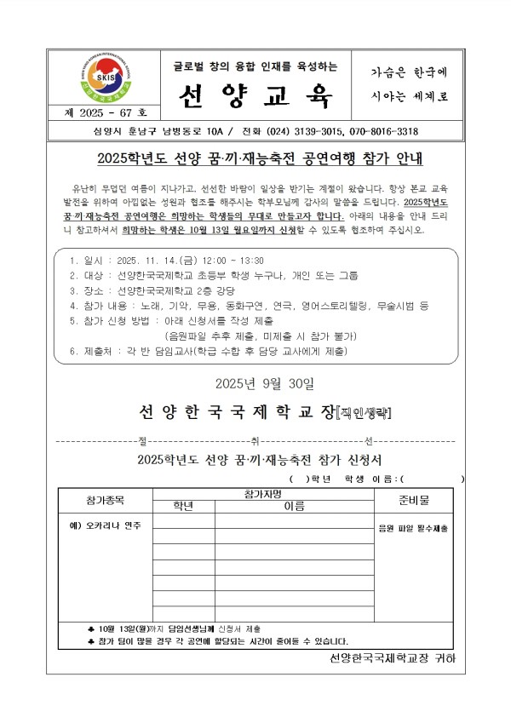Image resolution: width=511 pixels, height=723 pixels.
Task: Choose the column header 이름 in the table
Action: tap(294, 506)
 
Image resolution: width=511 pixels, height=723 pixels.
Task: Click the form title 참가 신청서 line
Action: tap(255, 460)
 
